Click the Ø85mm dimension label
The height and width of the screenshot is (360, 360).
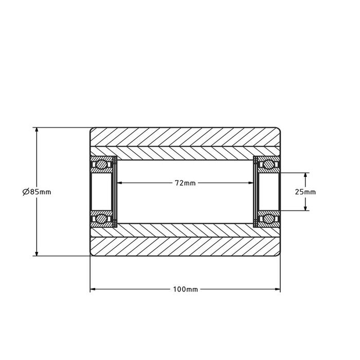click(x=37, y=192)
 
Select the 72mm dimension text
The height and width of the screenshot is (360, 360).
click(x=185, y=183)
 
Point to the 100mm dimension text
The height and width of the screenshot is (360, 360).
click(x=185, y=290)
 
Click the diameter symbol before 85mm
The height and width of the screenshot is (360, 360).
click(x=25, y=192)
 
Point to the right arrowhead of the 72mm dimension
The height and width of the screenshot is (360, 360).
click(x=251, y=183)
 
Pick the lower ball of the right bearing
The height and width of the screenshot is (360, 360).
click(x=267, y=220)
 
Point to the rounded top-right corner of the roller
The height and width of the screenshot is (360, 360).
click(x=279, y=129)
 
